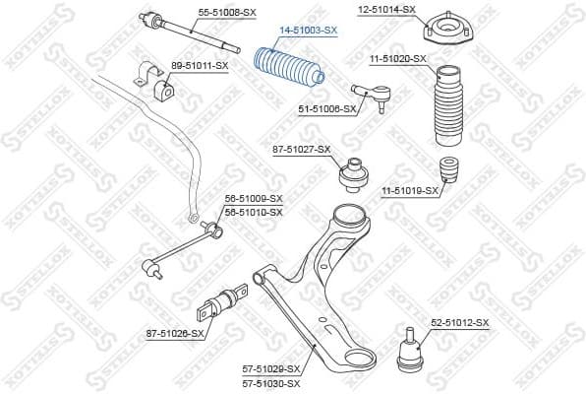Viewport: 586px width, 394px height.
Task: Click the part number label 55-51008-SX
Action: (227, 11)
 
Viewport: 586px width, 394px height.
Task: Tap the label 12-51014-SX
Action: (386, 9)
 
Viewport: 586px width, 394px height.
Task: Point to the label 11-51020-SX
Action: (398, 59)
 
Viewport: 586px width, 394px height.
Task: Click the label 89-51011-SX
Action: (199, 65)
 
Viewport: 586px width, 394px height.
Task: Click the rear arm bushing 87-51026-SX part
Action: (223, 300)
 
